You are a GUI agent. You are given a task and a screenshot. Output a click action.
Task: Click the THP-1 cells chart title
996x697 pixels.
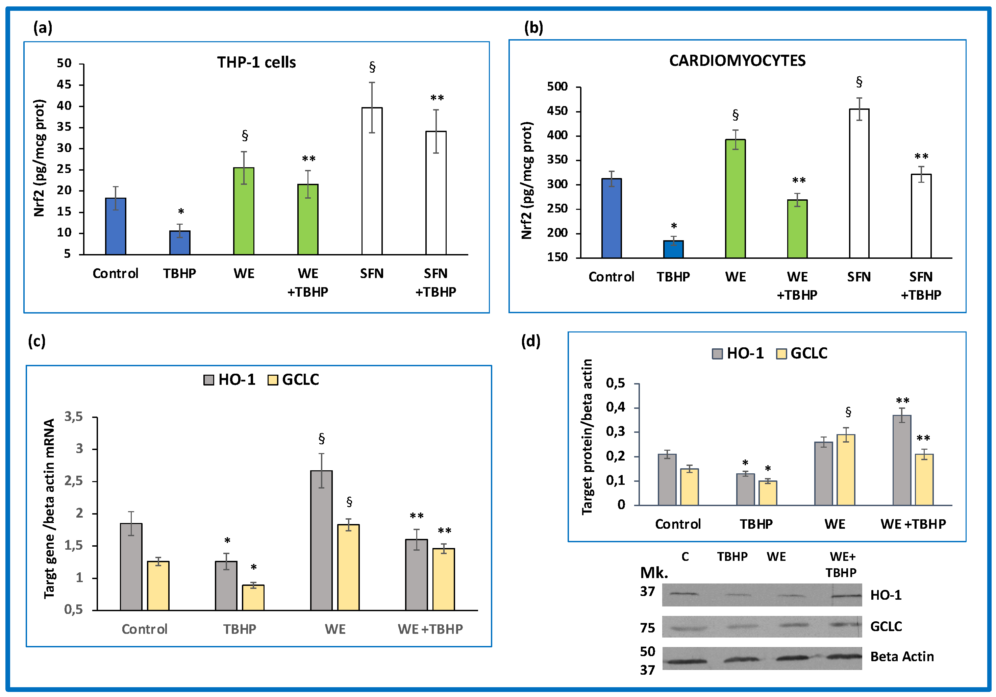pyautogui.click(x=256, y=63)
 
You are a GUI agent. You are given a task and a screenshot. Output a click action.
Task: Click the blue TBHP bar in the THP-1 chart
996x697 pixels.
pyautogui.click(x=180, y=243)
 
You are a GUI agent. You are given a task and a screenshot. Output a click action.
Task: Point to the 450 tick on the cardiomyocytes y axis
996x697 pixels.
pyautogui.click(x=557, y=111)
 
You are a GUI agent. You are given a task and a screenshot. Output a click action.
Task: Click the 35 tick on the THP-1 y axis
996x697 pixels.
pyautogui.click(x=64, y=127)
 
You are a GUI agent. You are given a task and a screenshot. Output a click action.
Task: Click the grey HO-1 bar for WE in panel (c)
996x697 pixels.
pyautogui.click(x=321, y=540)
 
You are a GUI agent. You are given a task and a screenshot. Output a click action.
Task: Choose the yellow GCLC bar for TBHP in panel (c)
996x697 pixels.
pyautogui.click(x=253, y=597)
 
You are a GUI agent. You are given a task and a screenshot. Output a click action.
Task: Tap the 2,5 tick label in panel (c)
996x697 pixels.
pyautogui.click(x=74, y=481)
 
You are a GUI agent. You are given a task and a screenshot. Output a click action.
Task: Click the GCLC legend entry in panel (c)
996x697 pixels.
pyautogui.click(x=294, y=380)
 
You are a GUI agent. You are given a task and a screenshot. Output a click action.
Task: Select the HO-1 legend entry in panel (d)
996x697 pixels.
pyautogui.click(x=738, y=353)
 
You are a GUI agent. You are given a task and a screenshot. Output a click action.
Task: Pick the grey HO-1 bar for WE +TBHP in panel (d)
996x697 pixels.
pyautogui.click(x=902, y=460)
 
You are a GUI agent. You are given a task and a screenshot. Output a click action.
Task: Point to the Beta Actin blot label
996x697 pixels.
pyautogui.click(x=902, y=657)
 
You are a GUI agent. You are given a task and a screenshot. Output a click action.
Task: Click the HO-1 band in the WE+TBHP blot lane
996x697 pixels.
pyautogui.click(x=846, y=596)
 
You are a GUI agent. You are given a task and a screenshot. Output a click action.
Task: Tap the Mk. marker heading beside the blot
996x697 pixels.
pyautogui.click(x=654, y=573)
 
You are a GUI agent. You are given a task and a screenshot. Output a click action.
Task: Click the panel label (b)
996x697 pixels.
pyautogui.click(x=533, y=28)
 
